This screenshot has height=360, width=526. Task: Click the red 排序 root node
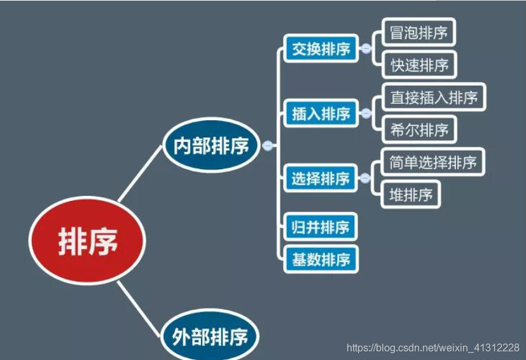click(88, 242)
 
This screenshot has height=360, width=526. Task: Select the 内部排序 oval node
click(211, 146)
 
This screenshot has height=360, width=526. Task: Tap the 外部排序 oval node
click(211, 336)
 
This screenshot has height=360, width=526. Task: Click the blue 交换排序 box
click(321, 49)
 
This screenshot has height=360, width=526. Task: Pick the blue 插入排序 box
click(321, 114)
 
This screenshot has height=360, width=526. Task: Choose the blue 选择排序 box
click(321, 179)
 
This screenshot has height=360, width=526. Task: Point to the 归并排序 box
click(321, 226)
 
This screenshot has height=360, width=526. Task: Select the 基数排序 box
click(321, 259)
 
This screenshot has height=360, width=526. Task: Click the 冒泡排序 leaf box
click(419, 32)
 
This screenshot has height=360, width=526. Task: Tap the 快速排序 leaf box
click(419, 65)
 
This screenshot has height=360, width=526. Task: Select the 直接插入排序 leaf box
click(433, 97)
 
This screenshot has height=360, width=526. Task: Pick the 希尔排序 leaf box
click(419, 130)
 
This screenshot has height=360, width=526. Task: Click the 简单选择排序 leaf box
click(433, 162)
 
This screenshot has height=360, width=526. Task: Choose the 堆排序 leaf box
click(411, 195)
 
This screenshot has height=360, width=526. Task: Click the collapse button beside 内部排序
click(268, 146)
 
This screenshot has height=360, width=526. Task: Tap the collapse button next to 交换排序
click(365, 48)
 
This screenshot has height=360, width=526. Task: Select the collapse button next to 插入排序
click(365, 114)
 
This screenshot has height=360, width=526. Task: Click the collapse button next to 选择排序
click(365, 179)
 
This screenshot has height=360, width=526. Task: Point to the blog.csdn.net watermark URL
click(433, 347)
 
